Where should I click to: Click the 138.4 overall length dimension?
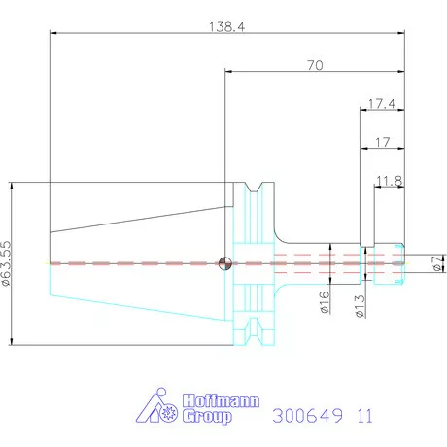[226, 27]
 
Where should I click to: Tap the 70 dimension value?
[315, 65]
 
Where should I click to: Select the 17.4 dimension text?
[382, 104]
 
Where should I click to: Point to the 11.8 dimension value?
[389, 181]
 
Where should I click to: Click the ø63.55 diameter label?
[6, 263]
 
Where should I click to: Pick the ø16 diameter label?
[325, 302]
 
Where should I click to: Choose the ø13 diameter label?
[360, 306]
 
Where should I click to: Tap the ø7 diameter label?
[437, 263]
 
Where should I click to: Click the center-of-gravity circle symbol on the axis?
[225, 263]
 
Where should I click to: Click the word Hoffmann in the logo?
[221, 401]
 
